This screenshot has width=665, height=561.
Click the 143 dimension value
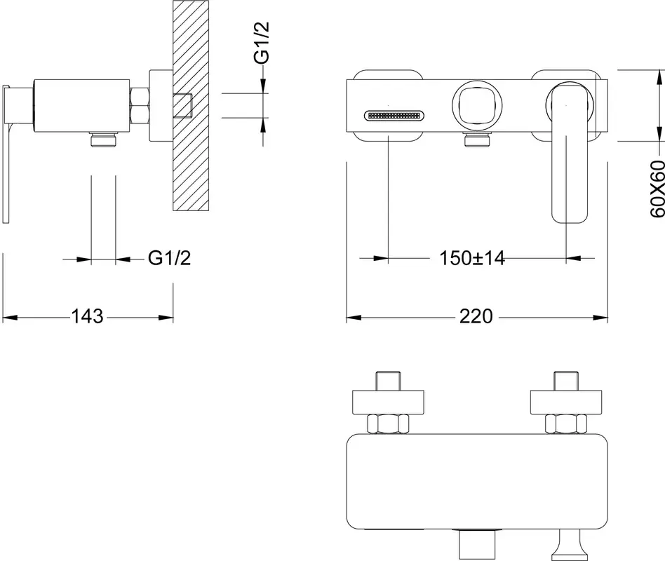pos(87,316)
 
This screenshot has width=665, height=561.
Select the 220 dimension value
pos(476,316)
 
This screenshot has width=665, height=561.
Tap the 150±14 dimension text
pos(472,258)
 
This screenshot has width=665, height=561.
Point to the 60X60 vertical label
pos(657,188)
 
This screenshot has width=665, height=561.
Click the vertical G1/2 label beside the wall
pos(262,43)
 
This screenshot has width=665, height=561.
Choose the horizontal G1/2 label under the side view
pos(169,258)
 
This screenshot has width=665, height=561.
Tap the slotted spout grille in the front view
pos(394,115)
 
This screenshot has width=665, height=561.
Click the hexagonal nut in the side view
pos(140,106)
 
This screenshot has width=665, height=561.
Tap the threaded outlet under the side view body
pos(104,140)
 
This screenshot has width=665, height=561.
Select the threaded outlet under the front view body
pos(477,140)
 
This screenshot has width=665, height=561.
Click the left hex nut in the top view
pos(388,424)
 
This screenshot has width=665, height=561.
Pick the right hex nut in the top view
pos(566,424)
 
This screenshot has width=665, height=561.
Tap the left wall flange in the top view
pos(389,402)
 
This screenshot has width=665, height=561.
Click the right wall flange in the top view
pos(566,402)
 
